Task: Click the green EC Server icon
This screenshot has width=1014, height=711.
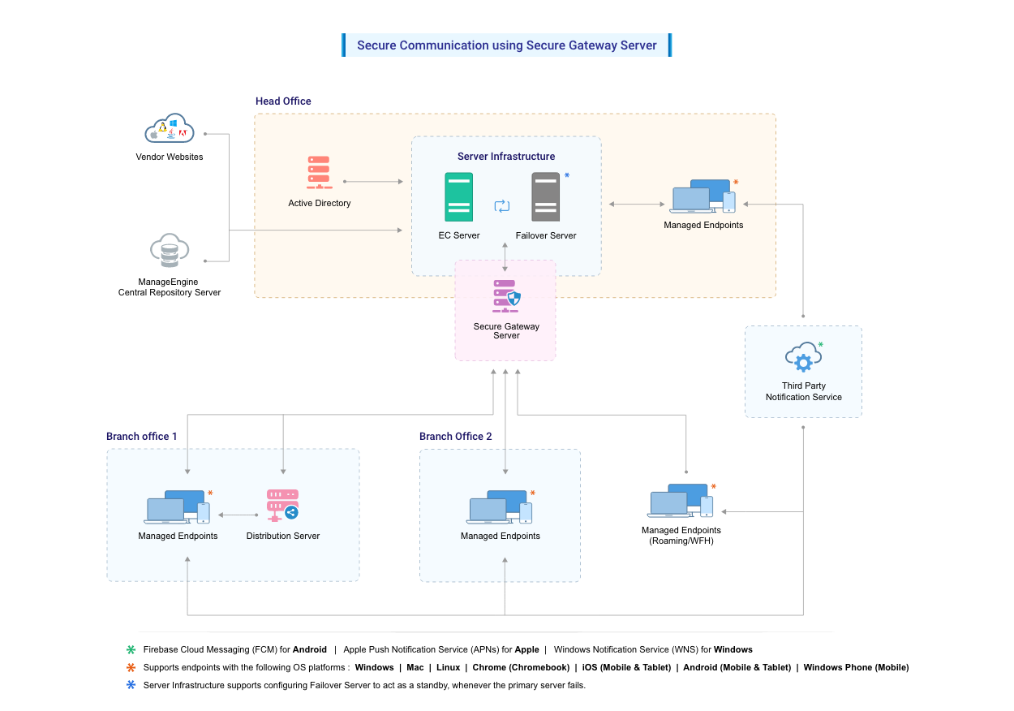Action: (458, 197)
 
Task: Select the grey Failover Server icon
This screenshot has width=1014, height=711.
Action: (545, 197)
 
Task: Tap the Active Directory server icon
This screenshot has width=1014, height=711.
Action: (319, 173)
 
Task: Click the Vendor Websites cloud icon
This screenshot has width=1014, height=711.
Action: (170, 129)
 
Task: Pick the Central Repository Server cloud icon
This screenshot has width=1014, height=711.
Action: (170, 252)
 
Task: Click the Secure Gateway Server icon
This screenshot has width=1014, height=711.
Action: (506, 296)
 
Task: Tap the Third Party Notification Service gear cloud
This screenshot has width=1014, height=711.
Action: (803, 358)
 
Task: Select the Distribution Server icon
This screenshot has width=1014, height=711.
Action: (282, 505)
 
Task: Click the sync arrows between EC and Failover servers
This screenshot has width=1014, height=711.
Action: (502, 206)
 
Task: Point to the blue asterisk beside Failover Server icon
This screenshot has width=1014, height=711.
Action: (567, 176)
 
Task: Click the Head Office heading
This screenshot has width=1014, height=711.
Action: (283, 101)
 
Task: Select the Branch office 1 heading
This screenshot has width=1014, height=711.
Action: (142, 437)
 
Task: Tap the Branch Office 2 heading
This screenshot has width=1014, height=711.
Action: (455, 437)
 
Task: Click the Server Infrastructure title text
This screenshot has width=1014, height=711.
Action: (506, 157)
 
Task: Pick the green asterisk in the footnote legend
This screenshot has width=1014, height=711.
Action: (131, 650)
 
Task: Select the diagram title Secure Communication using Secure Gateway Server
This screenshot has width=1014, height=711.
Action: (506, 45)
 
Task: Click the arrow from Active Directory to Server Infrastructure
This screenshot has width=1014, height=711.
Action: (373, 182)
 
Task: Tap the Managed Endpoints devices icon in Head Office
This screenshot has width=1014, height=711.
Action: (703, 197)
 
